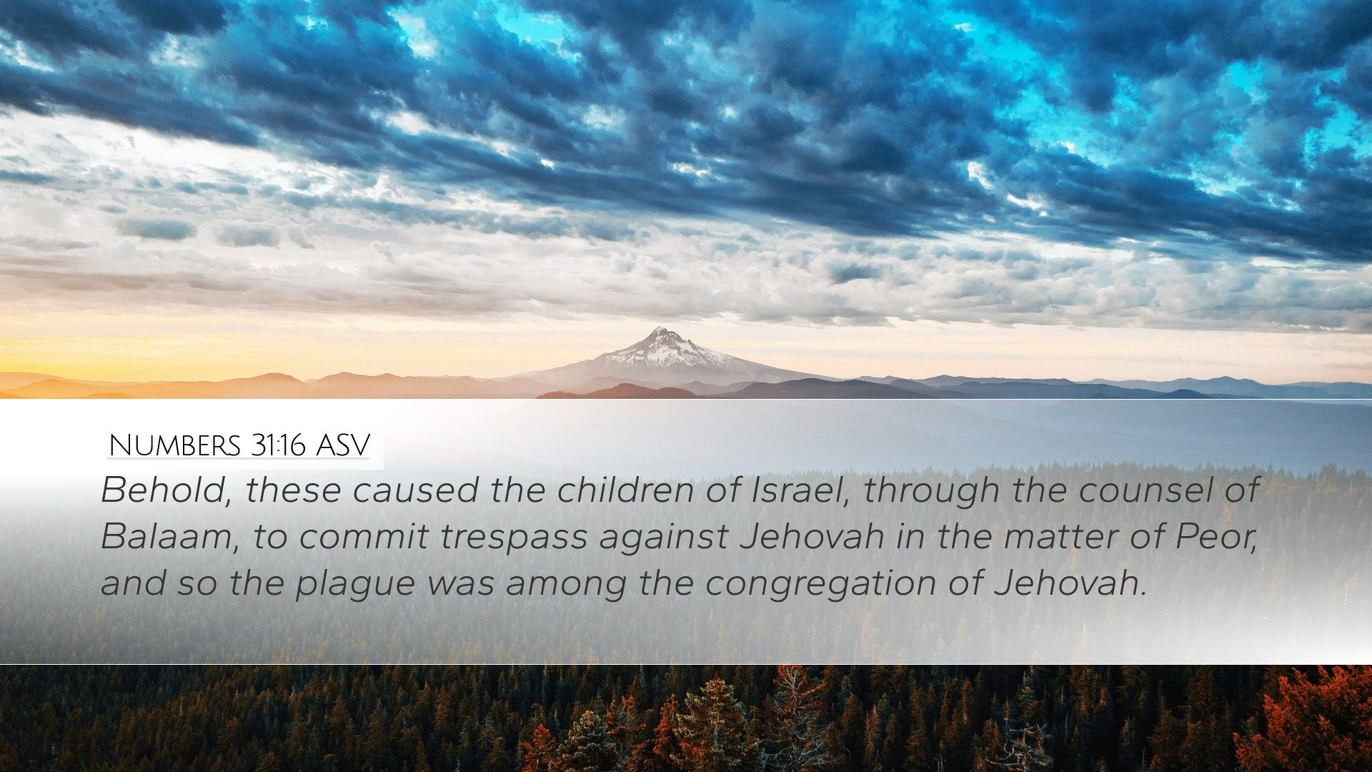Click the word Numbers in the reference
pos(174,445)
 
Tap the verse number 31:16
pos(278,445)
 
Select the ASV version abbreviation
pos(342,445)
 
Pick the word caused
pos(414,491)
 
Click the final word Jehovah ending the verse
pos(1069,583)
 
